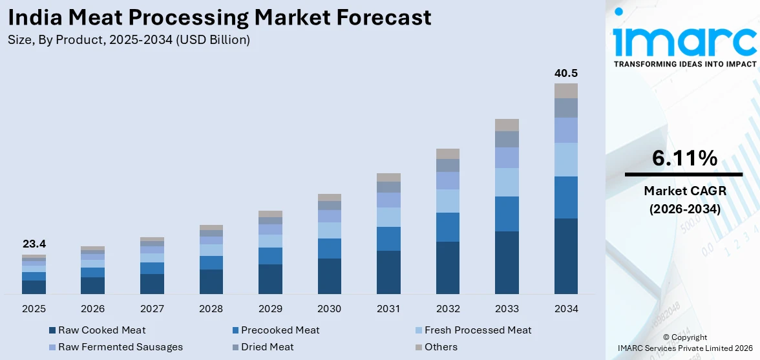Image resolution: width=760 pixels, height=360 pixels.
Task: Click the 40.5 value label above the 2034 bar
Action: pyautogui.click(x=565, y=73)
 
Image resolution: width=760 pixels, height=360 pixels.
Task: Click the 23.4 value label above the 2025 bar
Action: pyautogui.click(x=34, y=244)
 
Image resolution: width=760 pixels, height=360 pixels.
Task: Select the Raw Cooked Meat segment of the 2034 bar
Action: pyautogui.click(x=565, y=256)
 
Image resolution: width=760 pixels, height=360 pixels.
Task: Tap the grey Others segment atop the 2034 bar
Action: pyautogui.click(x=565, y=90)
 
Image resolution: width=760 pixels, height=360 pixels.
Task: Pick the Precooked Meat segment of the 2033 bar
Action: pyautogui.click(x=507, y=214)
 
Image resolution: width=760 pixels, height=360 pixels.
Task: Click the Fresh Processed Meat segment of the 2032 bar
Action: pyautogui.click(x=447, y=201)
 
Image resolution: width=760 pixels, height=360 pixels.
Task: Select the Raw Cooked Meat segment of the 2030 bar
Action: pyautogui.click(x=329, y=276)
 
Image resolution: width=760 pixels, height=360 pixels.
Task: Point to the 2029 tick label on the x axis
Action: pyautogui.click(x=270, y=309)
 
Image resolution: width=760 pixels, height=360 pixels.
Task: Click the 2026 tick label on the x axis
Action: pyautogui.click(x=92, y=309)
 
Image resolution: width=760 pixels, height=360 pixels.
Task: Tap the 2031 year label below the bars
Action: pyautogui.click(x=388, y=309)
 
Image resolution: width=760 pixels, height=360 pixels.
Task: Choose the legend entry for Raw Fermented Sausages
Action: pyautogui.click(x=120, y=347)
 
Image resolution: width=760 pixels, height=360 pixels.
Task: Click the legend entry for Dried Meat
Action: pyautogui.click(x=267, y=347)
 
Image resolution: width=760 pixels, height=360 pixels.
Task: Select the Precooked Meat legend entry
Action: pyautogui.click(x=280, y=330)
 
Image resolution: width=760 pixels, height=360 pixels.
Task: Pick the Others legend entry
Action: pyautogui.click(x=441, y=347)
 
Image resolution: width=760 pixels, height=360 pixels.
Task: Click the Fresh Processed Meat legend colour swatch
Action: pyautogui.click(x=418, y=331)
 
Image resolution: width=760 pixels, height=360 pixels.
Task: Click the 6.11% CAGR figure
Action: pyautogui.click(x=684, y=158)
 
